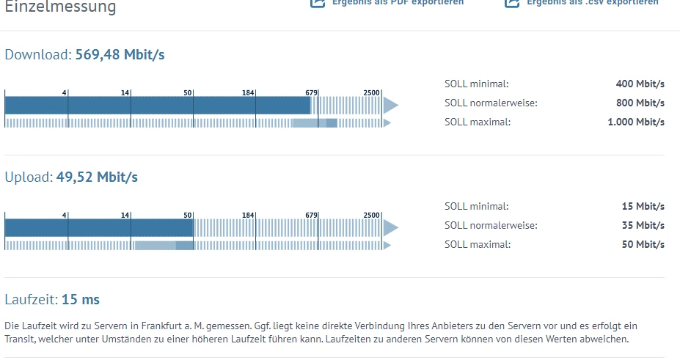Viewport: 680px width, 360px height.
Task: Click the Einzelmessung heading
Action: [x=60, y=7]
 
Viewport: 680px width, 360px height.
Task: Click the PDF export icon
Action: [x=318, y=3]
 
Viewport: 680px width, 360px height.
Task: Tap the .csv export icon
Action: [x=512, y=3]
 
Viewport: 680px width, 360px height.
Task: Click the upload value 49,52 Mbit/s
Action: [x=97, y=177]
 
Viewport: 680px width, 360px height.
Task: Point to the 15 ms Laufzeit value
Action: [x=81, y=299]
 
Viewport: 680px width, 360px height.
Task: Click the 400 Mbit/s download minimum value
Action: [x=640, y=84]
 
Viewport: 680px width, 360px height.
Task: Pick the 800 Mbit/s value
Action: [x=640, y=103]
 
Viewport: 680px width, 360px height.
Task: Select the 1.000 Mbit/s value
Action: [x=636, y=122]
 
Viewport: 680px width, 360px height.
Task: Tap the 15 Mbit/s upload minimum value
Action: [x=643, y=206]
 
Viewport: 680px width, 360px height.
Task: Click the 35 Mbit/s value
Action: [x=643, y=225]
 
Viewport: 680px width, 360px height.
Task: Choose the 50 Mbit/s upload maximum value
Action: [x=643, y=244]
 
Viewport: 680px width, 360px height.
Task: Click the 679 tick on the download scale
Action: [x=312, y=92]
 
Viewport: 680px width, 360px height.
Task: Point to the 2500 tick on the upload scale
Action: [x=371, y=215]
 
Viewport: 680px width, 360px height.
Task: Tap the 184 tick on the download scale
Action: [x=248, y=92]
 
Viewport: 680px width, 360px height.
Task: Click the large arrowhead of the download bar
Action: [x=390, y=106]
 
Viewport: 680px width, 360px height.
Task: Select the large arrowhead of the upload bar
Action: [x=390, y=228]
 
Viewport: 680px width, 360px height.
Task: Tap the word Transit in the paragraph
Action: [x=21, y=339]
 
